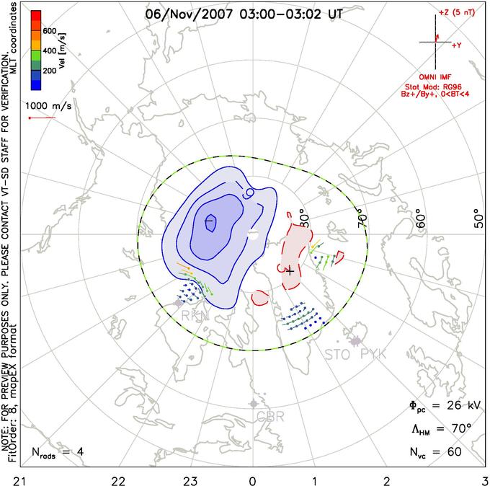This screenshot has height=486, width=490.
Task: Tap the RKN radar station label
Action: [193, 316]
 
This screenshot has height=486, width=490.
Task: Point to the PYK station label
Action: [374, 354]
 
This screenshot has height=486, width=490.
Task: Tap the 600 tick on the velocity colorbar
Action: [50, 31]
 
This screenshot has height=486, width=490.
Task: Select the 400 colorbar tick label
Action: [50, 52]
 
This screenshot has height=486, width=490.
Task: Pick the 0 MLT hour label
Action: [252, 479]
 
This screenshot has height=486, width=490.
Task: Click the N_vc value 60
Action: [455, 453]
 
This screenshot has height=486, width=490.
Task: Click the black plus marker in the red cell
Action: [290, 272]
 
